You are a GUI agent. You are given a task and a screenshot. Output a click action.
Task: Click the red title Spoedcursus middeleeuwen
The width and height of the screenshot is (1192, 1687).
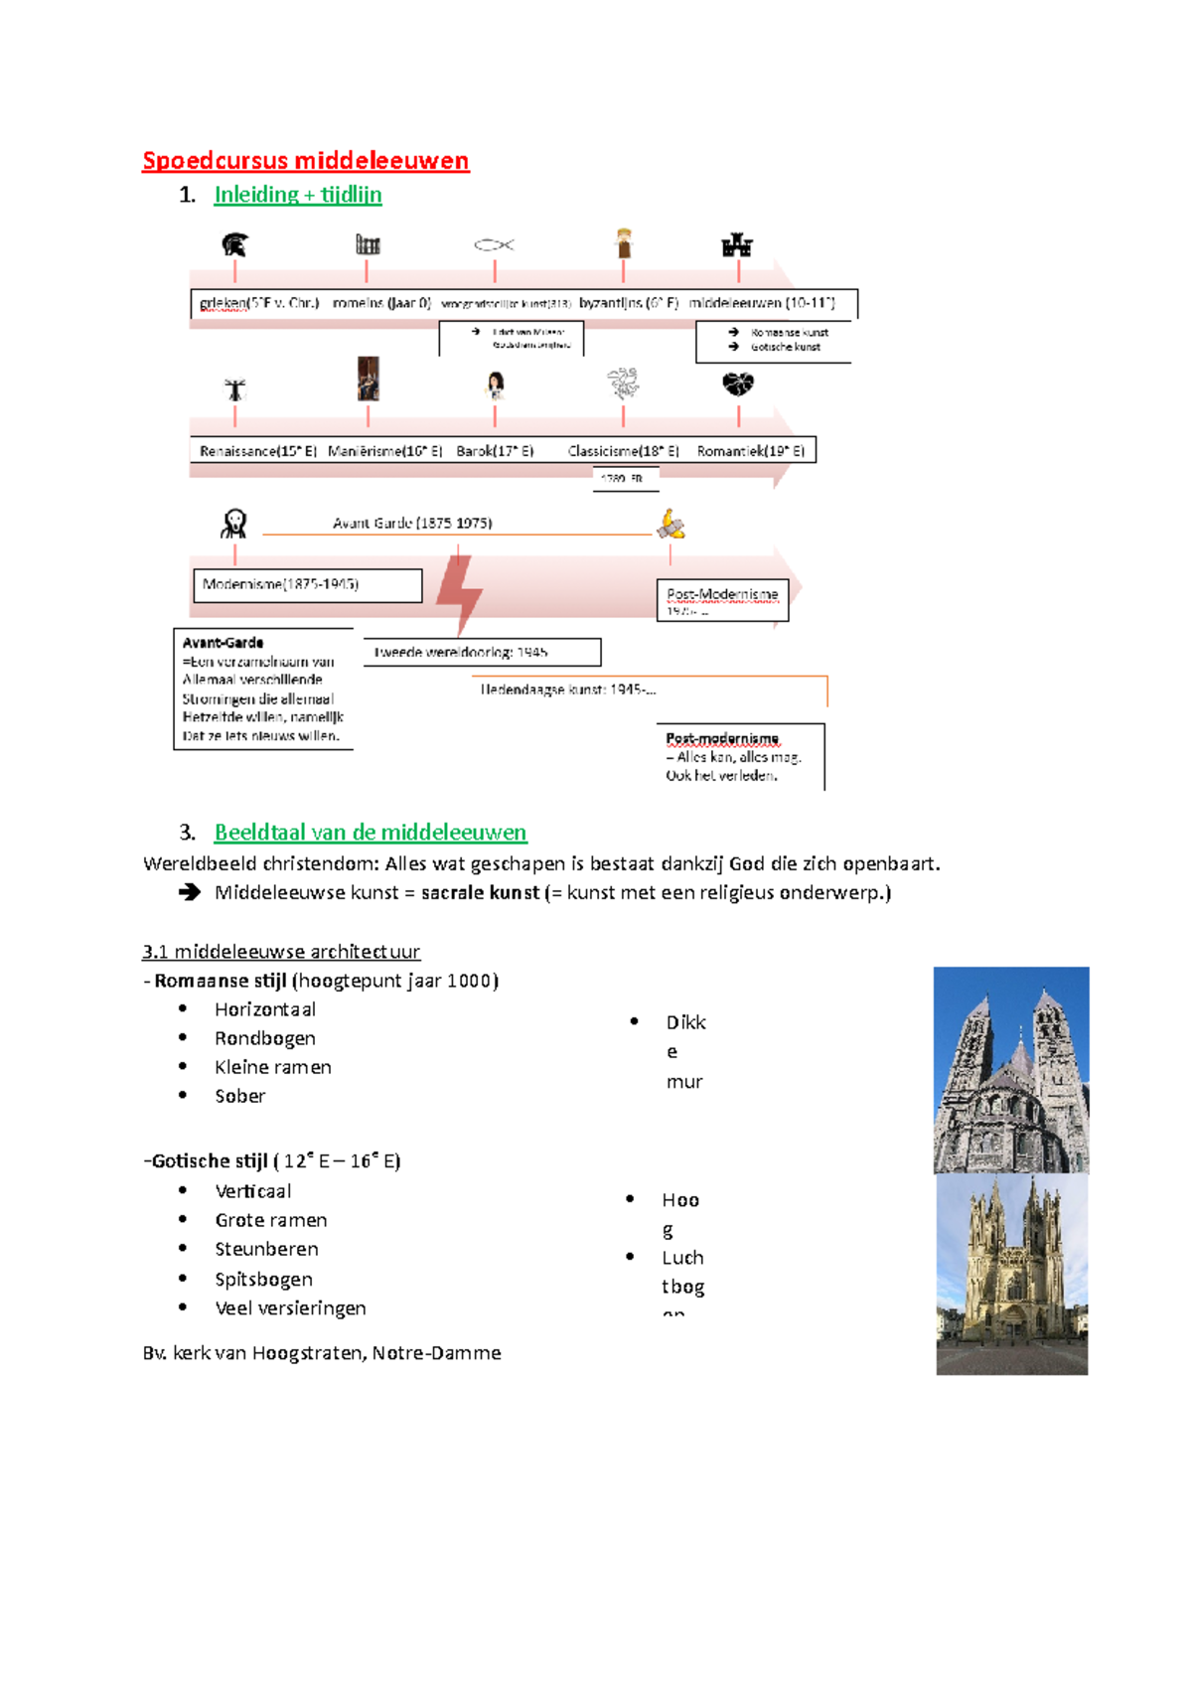305,161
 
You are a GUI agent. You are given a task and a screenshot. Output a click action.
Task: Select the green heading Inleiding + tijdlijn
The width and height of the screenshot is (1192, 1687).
297,195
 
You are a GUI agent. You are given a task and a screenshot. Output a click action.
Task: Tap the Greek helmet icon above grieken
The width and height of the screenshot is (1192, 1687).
234,244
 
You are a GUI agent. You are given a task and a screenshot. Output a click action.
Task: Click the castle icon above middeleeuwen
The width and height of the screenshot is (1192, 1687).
737,244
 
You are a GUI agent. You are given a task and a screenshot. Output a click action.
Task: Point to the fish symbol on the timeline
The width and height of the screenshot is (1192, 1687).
494,244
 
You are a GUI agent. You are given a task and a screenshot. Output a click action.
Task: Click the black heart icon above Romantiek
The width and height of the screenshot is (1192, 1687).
738,383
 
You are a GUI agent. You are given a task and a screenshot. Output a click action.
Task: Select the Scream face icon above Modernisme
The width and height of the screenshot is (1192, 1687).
234,523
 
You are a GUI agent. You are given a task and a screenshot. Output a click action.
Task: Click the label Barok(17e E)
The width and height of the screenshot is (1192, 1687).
495,451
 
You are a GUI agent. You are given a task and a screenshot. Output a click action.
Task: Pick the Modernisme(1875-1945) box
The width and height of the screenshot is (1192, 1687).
307,585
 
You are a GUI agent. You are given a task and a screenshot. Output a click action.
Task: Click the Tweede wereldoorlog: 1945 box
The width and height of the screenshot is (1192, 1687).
482,653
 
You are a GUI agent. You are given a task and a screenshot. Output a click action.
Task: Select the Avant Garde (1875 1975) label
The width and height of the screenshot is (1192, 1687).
412,523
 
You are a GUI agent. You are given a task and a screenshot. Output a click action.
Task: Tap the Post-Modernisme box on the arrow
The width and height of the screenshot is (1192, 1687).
722,600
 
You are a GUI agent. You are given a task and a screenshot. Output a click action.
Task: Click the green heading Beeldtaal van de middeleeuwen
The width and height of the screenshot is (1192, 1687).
371,833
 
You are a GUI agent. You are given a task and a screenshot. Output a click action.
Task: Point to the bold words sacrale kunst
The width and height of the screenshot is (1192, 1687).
481,892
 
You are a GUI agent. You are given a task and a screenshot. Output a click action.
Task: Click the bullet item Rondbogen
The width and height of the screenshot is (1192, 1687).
265,1038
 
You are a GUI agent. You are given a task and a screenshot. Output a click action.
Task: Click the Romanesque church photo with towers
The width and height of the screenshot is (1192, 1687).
1011,1070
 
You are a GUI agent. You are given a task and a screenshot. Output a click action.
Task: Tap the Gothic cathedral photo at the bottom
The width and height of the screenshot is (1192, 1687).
1011,1275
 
